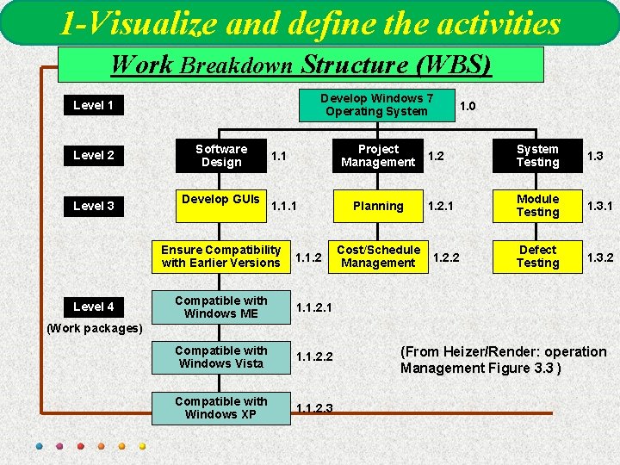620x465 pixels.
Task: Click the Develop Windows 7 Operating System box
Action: [x=376, y=105]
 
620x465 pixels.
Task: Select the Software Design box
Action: [x=221, y=156]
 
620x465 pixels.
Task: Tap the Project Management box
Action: [x=378, y=156]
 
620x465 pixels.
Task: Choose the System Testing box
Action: [x=537, y=156]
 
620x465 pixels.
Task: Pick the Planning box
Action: [x=378, y=206]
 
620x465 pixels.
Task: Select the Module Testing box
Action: [x=537, y=206]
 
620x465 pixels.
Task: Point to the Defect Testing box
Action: [x=537, y=257]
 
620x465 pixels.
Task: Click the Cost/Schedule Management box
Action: [x=378, y=257]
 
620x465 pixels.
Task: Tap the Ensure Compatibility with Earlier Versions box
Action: [x=221, y=257]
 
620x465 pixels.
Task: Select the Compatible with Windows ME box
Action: [x=221, y=307]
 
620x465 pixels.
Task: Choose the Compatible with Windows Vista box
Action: [x=221, y=357]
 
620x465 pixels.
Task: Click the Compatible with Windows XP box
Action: [x=221, y=408]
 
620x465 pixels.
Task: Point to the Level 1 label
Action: [x=93, y=105]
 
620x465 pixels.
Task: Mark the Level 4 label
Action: [x=93, y=307]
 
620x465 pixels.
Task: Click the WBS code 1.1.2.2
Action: [x=314, y=357]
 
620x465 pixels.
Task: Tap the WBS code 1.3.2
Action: [x=600, y=257]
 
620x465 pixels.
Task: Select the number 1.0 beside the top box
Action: [x=468, y=106]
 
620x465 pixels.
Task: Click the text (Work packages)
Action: [x=94, y=328]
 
